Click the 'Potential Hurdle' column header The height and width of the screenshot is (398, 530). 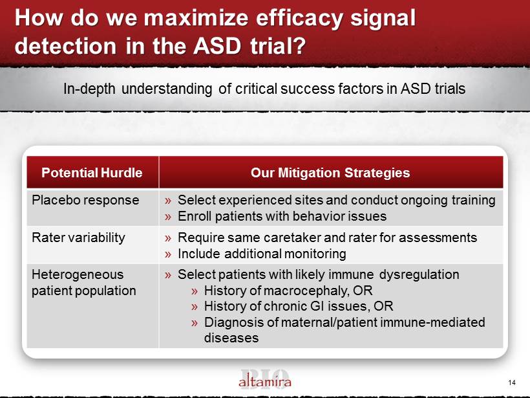coord(92,173)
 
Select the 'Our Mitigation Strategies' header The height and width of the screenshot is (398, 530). coord(330,173)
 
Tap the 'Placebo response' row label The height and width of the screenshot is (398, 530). coord(85,200)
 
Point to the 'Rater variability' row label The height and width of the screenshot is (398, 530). coord(78,238)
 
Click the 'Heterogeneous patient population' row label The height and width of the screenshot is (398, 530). coord(84,282)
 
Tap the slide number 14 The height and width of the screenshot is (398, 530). coord(512,382)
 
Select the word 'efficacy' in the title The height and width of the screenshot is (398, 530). coord(299,18)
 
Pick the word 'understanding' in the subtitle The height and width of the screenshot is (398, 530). coord(167,89)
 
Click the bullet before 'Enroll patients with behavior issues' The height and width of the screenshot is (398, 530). coord(168,217)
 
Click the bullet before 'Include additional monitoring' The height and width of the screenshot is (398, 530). coord(168,254)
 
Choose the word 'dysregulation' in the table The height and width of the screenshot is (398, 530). coord(419,275)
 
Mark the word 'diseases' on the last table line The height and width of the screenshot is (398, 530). coord(231,338)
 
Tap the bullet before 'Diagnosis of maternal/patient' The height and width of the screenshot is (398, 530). coord(195,323)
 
